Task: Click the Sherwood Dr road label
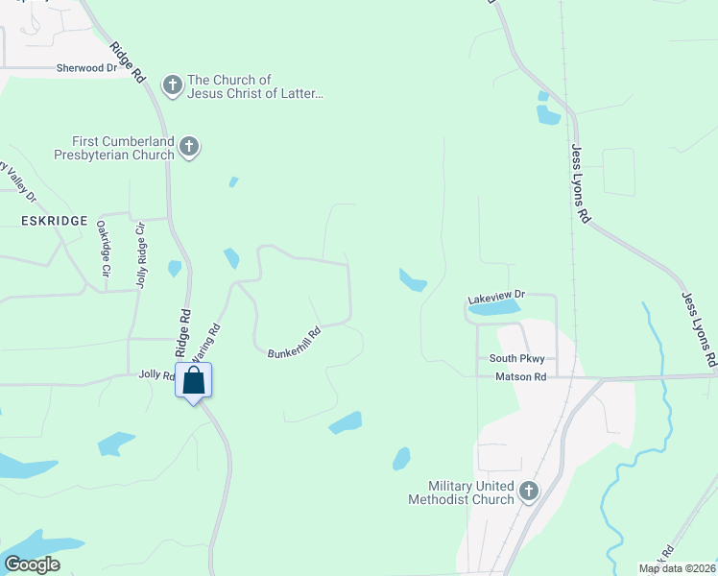tap(86, 68)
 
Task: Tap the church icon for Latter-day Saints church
tap(173, 86)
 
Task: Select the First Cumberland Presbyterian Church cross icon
tap(189, 147)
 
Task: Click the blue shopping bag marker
tap(193, 380)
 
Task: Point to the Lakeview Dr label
tap(497, 298)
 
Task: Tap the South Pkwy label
tap(516, 359)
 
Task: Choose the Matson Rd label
tap(520, 377)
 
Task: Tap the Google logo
tap(32, 564)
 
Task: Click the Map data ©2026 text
tap(677, 568)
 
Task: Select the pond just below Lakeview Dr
tap(493, 309)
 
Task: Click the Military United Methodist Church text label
tap(461, 493)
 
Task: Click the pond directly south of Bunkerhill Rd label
tap(346, 422)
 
